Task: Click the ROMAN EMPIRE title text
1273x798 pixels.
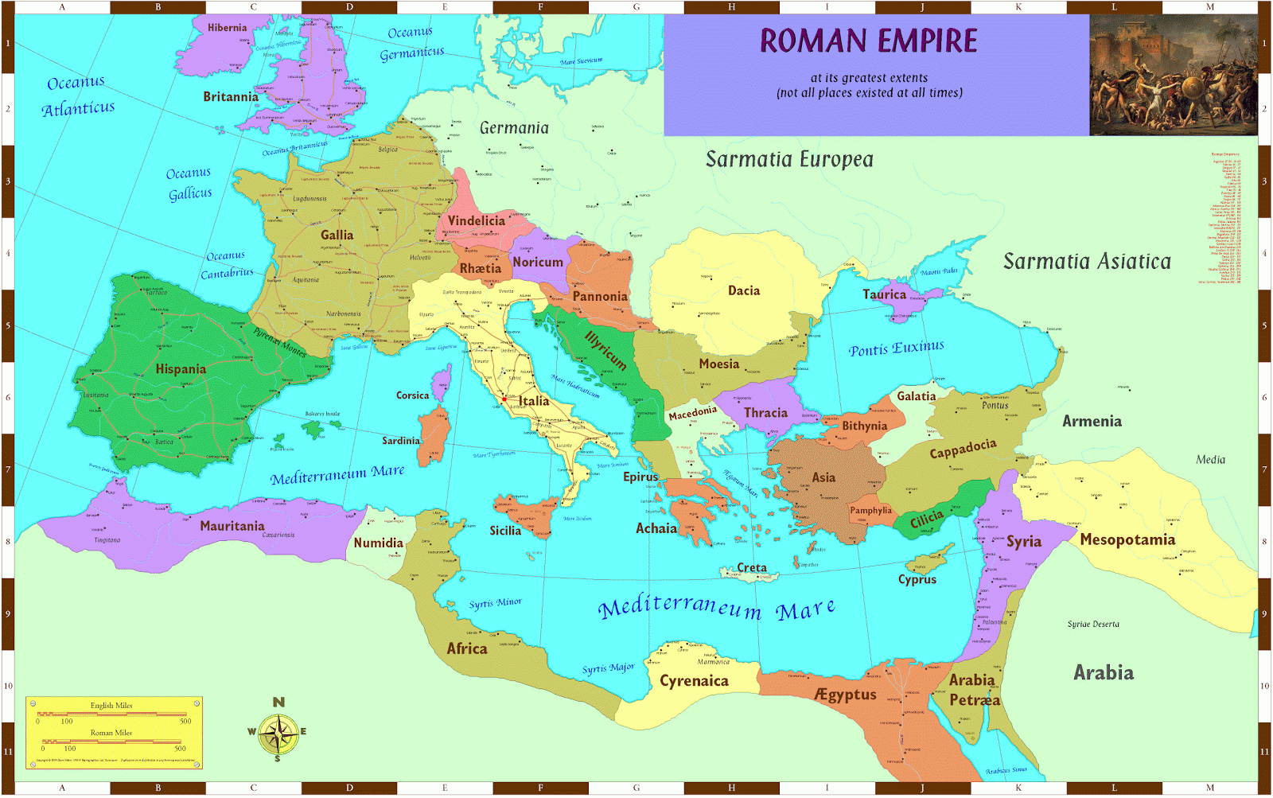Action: pyautogui.click(x=868, y=41)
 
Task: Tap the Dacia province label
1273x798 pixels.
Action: pyautogui.click(x=743, y=290)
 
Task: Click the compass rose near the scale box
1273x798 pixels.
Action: pyautogui.click(x=278, y=733)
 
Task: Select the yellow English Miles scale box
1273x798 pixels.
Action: pyautogui.click(x=114, y=733)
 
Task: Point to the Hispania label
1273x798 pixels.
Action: pyautogui.click(x=181, y=369)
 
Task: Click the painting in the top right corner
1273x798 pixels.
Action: pyautogui.click(x=1173, y=75)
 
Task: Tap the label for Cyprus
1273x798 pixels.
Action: pyautogui.click(x=917, y=579)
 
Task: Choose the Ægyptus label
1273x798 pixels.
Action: pyautogui.click(x=845, y=695)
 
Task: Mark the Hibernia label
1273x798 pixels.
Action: pyautogui.click(x=227, y=27)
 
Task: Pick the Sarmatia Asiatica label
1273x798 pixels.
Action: pyautogui.click(x=1086, y=261)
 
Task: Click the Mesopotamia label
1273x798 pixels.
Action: pyautogui.click(x=1127, y=539)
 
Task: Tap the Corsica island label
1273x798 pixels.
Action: pyautogui.click(x=412, y=395)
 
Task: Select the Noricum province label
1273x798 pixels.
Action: pyautogui.click(x=537, y=262)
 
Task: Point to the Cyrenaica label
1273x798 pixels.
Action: pyautogui.click(x=694, y=681)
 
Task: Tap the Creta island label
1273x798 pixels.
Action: pyautogui.click(x=751, y=567)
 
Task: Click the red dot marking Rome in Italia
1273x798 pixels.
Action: pyautogui.click(x=504, y=399)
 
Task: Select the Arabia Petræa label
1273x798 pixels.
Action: pyautogui.click(x=973, y=690)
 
